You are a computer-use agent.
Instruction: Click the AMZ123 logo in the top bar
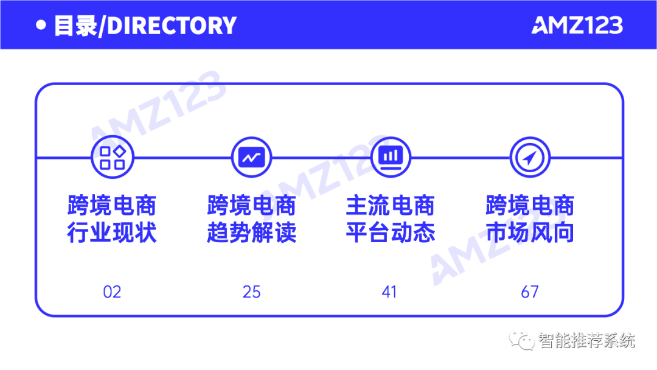[x=577, y=25]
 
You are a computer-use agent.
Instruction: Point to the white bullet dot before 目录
[x=41, y=26]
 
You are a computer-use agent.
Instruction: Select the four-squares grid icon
[x=112, y=158]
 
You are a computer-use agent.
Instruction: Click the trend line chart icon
[x=251, y=158]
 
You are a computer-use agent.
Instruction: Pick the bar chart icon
[x=391, y=156]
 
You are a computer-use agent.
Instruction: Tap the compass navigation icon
[x=529, y=158]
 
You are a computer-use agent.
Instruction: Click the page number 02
[x=112, y=292]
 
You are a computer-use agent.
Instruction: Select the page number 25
[x=251, y=292]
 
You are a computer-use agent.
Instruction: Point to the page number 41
[x=389, y=292]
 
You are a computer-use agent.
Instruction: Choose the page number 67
[x=529, y=292]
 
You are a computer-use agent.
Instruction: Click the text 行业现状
[x=112, y=232]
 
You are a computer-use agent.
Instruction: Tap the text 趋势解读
[x=251, y=232]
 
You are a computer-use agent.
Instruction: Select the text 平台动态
[x=391, y=232]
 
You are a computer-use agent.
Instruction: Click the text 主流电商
[x=391, y=206]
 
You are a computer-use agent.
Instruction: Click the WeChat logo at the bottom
[x=521, y=339]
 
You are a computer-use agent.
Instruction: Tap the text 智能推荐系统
[x=586, y=340]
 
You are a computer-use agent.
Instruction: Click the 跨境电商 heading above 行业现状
[x=112, y=206]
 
